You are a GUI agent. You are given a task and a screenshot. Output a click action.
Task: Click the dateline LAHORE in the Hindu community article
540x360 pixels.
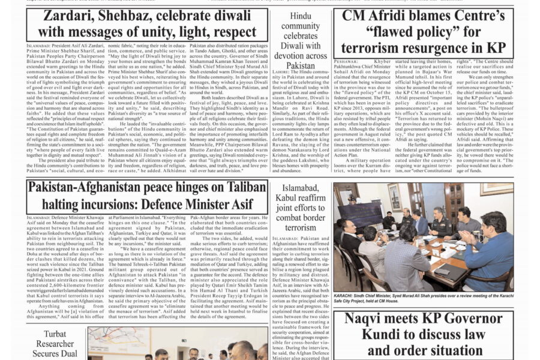pyautogui.click(x=282, y=71)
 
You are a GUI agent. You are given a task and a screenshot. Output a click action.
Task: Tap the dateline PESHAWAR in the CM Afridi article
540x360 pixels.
pyautogui.click(x=346, y=62)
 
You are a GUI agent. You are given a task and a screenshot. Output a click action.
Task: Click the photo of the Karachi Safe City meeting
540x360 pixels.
pyautogui.click(x=424, y=237)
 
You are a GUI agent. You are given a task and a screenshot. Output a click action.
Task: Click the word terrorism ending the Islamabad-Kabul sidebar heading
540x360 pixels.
pyautogui.click(x=301, y=227)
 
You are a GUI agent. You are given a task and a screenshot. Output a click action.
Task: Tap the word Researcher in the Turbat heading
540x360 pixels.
pyautogui.click(x=56, y=344)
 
